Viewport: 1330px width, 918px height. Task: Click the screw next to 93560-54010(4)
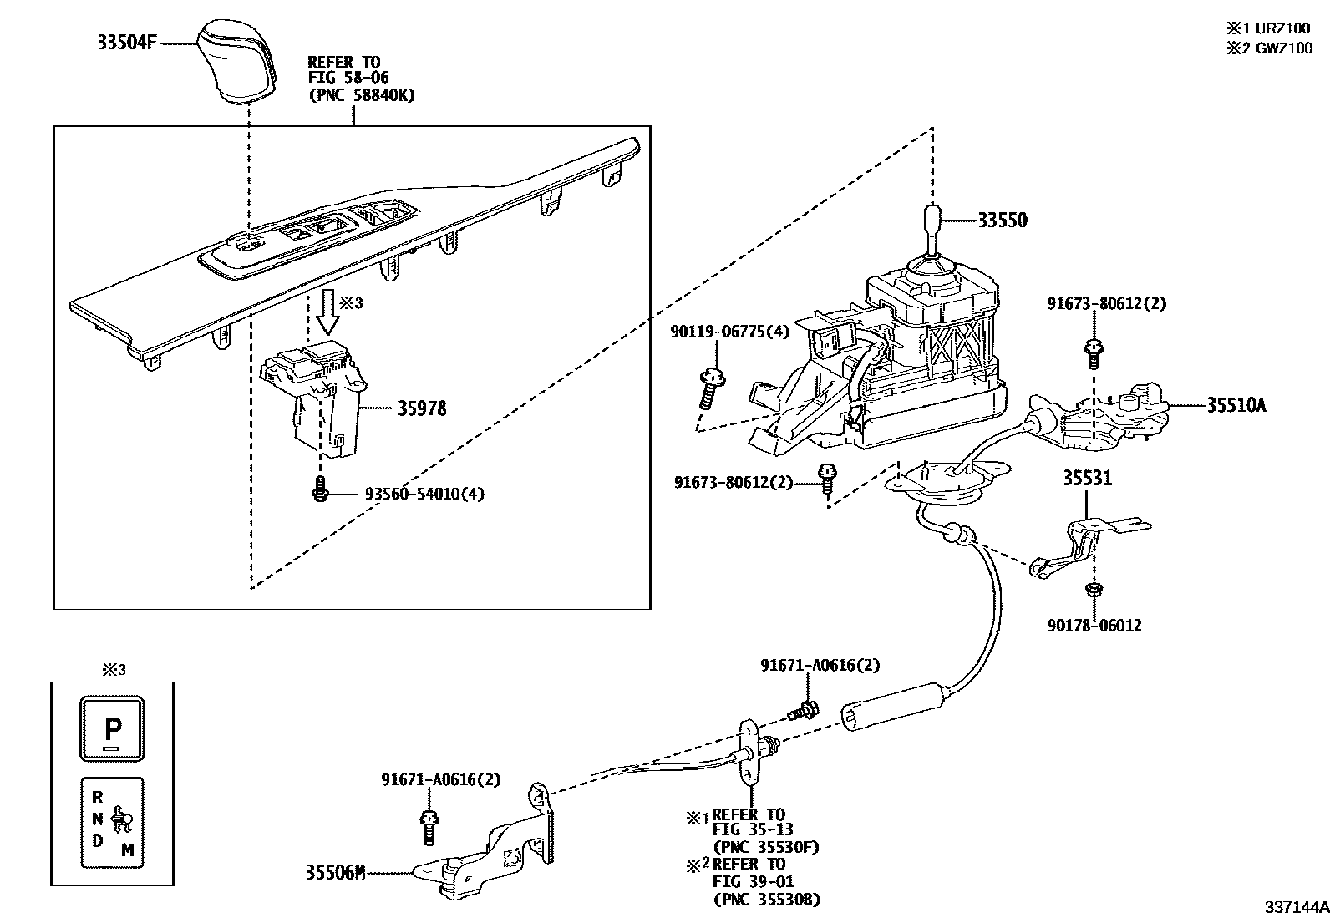click(318, 489)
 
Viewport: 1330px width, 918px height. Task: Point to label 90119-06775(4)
click(728, 332)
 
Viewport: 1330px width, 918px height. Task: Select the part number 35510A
click(1236, 406)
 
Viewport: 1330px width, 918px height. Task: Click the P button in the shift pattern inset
click(113, 729)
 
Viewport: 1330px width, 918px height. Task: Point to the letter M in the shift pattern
click(127, 850)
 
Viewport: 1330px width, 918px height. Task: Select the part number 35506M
click(335, 874)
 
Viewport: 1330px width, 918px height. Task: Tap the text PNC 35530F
click(765, 847)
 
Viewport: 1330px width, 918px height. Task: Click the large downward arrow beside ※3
click(327, 313)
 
